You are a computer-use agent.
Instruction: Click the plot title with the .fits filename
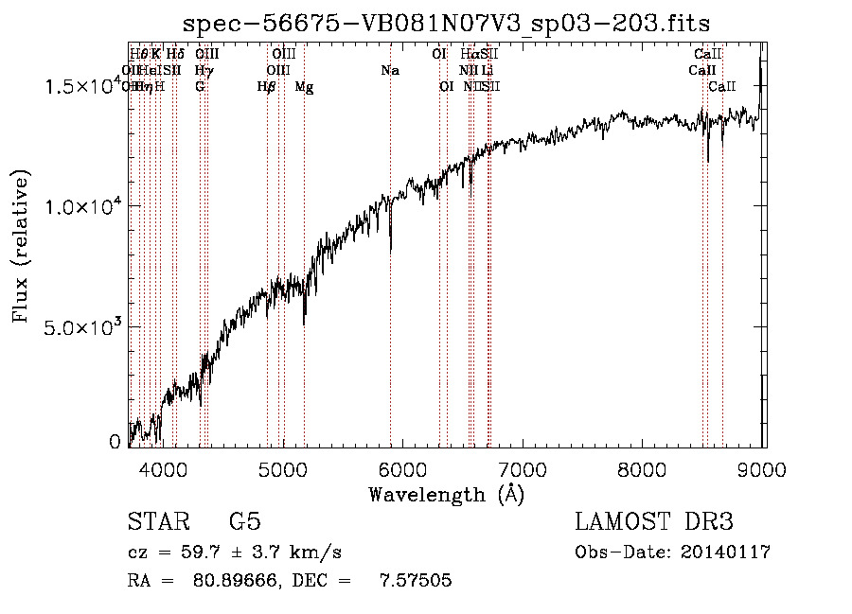coord(446,24)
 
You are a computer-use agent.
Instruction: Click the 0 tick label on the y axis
coord(115,442)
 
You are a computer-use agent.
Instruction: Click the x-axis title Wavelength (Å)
coord(446,494)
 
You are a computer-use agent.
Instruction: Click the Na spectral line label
coord(390,70)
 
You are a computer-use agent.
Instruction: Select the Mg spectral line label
coord(305,87)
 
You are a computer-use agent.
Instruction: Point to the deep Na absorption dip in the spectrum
coord(391,248)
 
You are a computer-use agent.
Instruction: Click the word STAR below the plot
coord(157,522)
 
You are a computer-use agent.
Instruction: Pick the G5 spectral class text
coord(244,522)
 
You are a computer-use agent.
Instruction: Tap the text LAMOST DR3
coord(653,522)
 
